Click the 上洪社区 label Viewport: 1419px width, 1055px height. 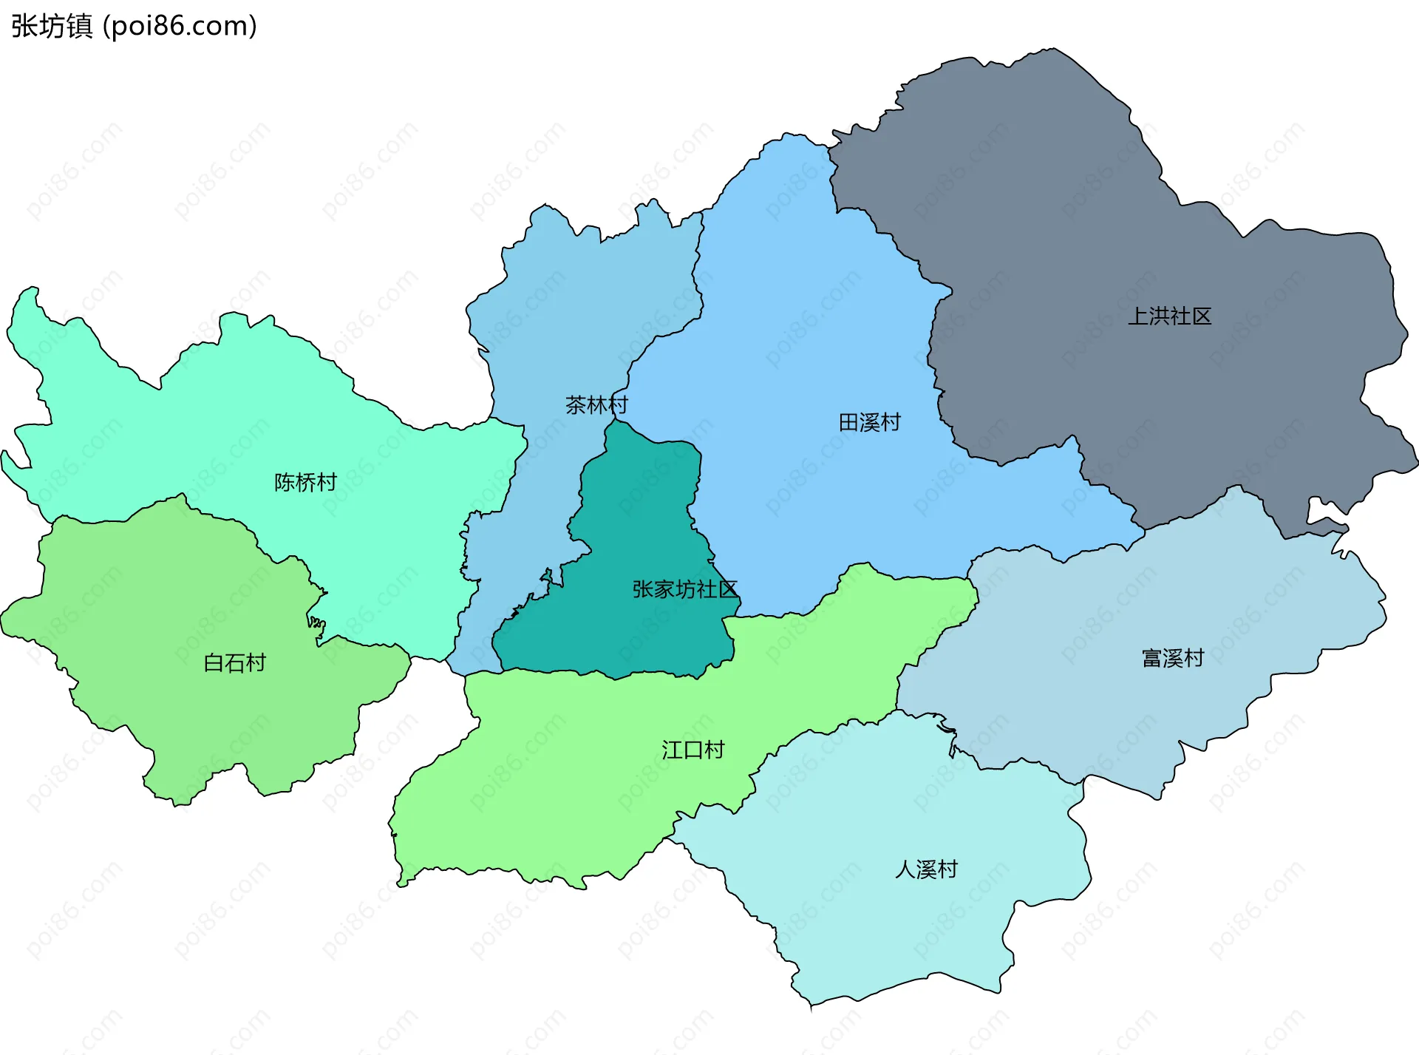(x=1169, y=316)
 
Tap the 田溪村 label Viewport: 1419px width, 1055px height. (x=869, y=422)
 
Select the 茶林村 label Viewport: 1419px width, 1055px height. (x=596, y=405)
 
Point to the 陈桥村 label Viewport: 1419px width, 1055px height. (x=305, y=482)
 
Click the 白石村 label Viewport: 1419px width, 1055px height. (x=234, y=662)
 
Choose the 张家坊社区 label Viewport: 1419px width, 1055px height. (x=684, y=589)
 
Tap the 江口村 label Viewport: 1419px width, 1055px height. (x=693, y=750)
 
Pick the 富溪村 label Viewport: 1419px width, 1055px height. (x=1173, y=658)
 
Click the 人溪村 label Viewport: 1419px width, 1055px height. (x=926, y=869)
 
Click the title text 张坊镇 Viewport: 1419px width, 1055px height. (x=52, y=26)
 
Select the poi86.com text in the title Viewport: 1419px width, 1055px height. (x=180, y=26)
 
